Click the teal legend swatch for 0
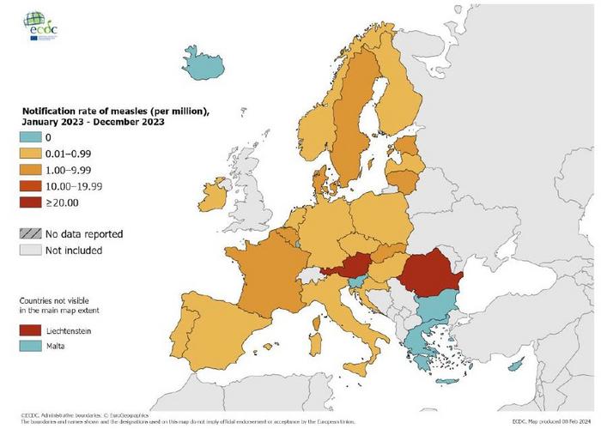tap(32, 137)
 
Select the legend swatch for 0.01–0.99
tap(32, 154)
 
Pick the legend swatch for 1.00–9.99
tap(32, 170)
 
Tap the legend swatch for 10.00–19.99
tap(32, 186)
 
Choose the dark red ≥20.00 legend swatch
tap(32, 202)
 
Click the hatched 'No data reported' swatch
tap(32, 233)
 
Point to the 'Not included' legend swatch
tap(32, 251)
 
